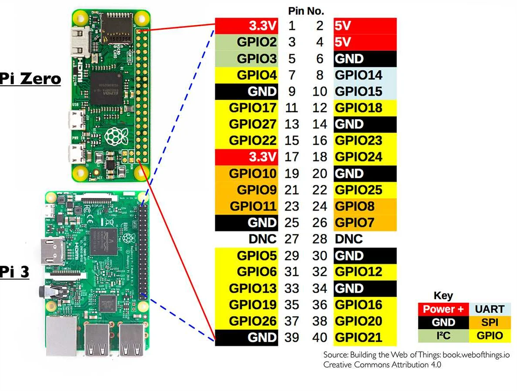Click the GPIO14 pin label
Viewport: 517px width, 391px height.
pos(358,75)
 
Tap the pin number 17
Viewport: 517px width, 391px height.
pos(292,157)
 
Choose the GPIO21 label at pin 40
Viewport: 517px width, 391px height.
pos(358,338)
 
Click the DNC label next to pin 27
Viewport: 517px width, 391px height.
pos(262,239)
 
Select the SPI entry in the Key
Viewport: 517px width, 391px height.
pos(490,323)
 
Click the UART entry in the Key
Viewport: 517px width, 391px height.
pos(490,309)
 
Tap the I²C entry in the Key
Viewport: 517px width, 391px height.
pos(443,336)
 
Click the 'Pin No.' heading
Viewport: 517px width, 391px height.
pos(306,11)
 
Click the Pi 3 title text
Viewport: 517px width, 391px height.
pos(14,272)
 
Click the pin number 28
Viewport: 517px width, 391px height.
pos(320,239)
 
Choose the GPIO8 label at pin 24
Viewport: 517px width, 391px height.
pos(355,206)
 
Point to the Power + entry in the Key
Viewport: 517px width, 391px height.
pos(443,309)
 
